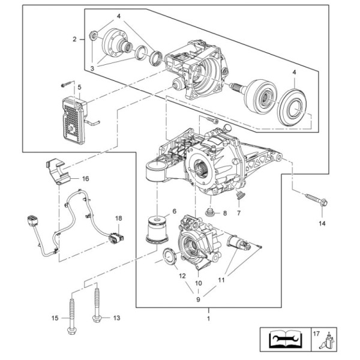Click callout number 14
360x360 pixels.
(322, 223)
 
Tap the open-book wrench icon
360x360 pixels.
(286, 340)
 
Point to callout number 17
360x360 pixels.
(316, 334)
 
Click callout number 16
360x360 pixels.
(86, 179)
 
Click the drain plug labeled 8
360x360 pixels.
(210, 212)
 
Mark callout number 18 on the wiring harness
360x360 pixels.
(119, 218)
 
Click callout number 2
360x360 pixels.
(74, 39)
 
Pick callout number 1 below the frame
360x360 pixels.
(208, 319)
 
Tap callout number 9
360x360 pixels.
(199, 299)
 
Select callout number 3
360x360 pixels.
(92, 68)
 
